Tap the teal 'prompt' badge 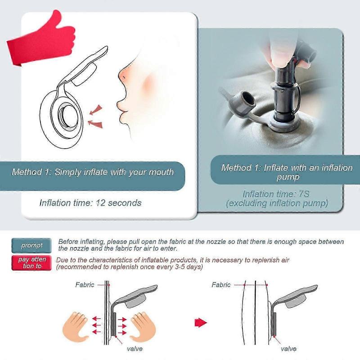pos(31,245)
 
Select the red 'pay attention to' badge pos(31,263)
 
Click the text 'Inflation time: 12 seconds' pos(90,203)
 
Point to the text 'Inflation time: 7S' pos(276,194)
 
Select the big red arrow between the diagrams pos(201,322)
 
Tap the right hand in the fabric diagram pos(143,326)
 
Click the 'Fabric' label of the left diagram pos(85,285)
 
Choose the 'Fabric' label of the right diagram pos(221,285)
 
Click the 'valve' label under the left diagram pos(135,349)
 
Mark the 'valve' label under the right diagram pos(288,349)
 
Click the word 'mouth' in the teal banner pos(161,172)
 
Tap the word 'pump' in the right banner pos(288,177)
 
